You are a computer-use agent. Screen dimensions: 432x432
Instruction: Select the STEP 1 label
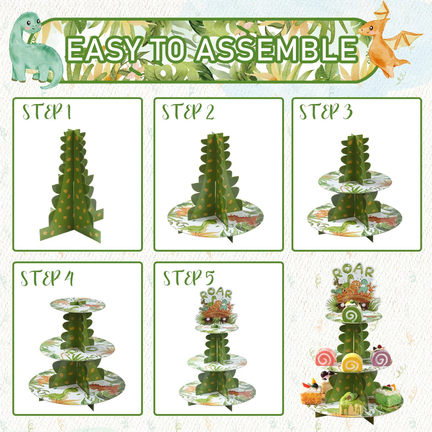pyautogui.click(x=47, y=112)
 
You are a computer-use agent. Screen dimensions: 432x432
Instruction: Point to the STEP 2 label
pyautogui.click(x=188, y=112)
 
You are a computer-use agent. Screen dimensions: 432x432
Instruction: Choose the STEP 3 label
pyautogui.click(x=326, y=112)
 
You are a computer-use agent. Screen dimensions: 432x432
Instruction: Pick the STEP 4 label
pyautogui.click(x=47, y=278)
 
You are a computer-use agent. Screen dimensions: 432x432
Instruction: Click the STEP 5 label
pyautogui.click(x=189, y=278)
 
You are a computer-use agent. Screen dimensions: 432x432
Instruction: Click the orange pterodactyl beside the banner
pyautogui.click(x=385, y=40)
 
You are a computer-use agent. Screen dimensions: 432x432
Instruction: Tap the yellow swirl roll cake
pyautogui.click(x=352, y=363)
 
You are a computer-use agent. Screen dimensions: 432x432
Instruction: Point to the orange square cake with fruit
pyautogui.click(x=311, y=394)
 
